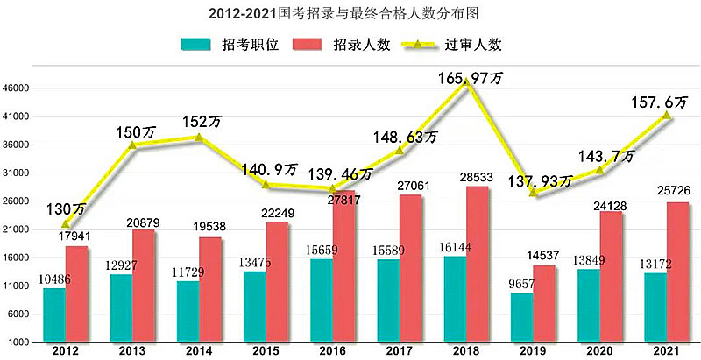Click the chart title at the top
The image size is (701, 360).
tap(350, 14)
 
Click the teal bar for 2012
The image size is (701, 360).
tap(54, 314)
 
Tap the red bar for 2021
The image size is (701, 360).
tap(678, 272)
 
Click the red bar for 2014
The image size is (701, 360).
tap(210, 289)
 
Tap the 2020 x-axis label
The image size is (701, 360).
tap(600, 350)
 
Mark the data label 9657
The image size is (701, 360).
tap(523, 285)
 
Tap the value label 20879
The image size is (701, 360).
tap(141, 222)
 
